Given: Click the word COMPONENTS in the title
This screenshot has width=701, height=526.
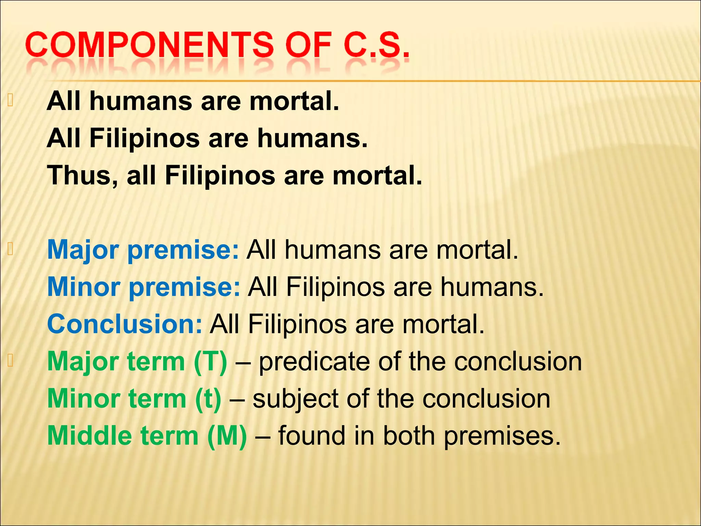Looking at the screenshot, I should [149, 45].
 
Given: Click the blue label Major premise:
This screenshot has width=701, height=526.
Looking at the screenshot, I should [143, 250].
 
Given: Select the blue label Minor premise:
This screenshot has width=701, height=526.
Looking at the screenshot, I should [144, 287].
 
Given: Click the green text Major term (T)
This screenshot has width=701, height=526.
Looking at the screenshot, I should [137, 361].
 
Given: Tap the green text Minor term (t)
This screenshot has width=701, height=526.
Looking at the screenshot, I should [134, 399].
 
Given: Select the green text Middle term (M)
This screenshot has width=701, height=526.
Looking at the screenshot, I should [147, 436].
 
